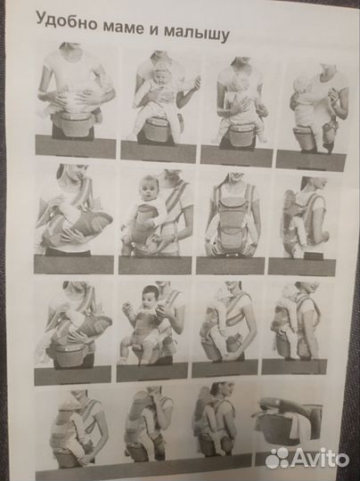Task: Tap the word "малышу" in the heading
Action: click(x=196, y=36)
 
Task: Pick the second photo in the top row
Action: click(x=159, y=103)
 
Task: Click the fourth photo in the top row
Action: click(x=314, y=115)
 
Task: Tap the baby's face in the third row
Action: click(x=151, y=298)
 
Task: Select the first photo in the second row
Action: click(x=74, y=218)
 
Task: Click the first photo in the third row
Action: click(x=73, y=332)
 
